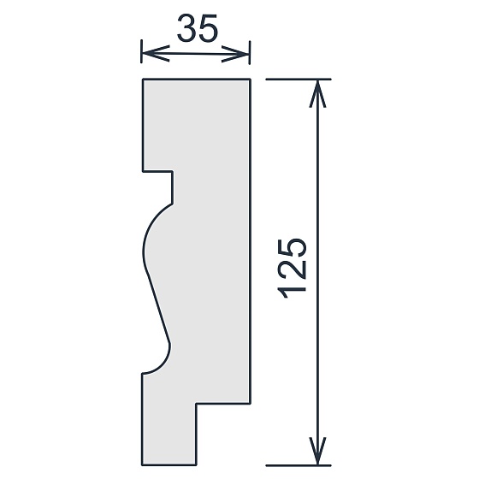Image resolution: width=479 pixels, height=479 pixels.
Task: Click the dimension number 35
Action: (x=198, y=28)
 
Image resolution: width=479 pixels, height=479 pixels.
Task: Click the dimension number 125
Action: (x=292, y=269)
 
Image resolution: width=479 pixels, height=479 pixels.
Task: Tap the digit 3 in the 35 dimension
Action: (x=186, y=28)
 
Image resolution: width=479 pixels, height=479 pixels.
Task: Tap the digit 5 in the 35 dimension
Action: (x=209, y=28)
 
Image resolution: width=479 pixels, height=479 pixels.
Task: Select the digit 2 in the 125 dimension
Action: (x=292, y=269)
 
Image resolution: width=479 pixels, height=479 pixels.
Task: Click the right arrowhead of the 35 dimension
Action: (x=235, y=54)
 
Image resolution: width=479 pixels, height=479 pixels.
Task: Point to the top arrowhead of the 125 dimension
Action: (x=317, y=94)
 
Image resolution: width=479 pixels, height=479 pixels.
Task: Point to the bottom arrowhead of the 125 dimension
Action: (x=317, y=451)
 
